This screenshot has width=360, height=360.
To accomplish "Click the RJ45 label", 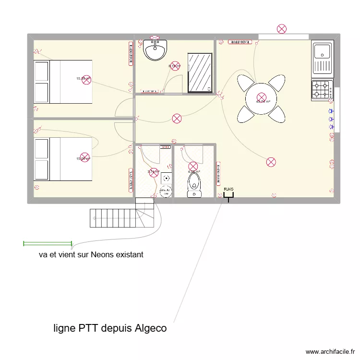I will pyautogui.click(x=228, y=190).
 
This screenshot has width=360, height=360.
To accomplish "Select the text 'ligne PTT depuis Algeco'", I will pyautogui.click(x=110, y=328).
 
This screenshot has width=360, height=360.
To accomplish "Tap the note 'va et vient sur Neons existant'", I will pyautogui.click(x=91, y=254).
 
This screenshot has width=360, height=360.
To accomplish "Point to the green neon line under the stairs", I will pyautogui.click(x=48, y=244).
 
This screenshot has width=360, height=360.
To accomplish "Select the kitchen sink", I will pyautogui.click(x=323, y=58).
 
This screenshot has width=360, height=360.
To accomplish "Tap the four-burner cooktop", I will pyautogui.click(x=323, y=90).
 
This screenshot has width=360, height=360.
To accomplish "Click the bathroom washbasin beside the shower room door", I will pyautogui.click(x=155, y=50).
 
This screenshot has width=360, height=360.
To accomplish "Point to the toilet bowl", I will pyautogui.click(x=194, y=185).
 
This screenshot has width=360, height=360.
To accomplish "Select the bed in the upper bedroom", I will pyautogui.click(x=62, y=82).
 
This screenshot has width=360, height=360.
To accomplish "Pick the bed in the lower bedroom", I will pyautogui.click(x=62, y=159).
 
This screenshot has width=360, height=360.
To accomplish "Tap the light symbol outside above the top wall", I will pyautogui.click(x=282, y=29).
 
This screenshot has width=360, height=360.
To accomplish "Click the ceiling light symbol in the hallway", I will pyautogui.click(x=177, y=118).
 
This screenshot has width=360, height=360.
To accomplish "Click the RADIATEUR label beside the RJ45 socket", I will pyautogui.click(x=218, y=175).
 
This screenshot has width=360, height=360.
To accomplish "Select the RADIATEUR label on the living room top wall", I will pyautogui.click(x=240, y=42).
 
